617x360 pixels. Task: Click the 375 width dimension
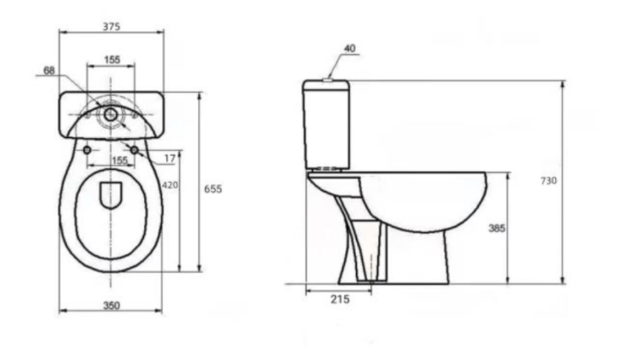111,26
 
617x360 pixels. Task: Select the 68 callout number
48,70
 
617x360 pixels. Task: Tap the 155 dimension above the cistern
111,59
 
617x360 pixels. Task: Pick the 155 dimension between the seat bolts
120,159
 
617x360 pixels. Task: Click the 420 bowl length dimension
170,185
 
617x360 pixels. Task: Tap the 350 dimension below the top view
111,306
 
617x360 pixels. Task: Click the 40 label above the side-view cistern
350,48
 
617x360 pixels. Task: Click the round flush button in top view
111,113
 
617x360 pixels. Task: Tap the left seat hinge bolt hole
87,149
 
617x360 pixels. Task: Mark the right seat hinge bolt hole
135,149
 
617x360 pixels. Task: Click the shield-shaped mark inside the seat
111,195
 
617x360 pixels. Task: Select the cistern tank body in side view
326,123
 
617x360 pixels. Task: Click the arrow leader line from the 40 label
336,67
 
